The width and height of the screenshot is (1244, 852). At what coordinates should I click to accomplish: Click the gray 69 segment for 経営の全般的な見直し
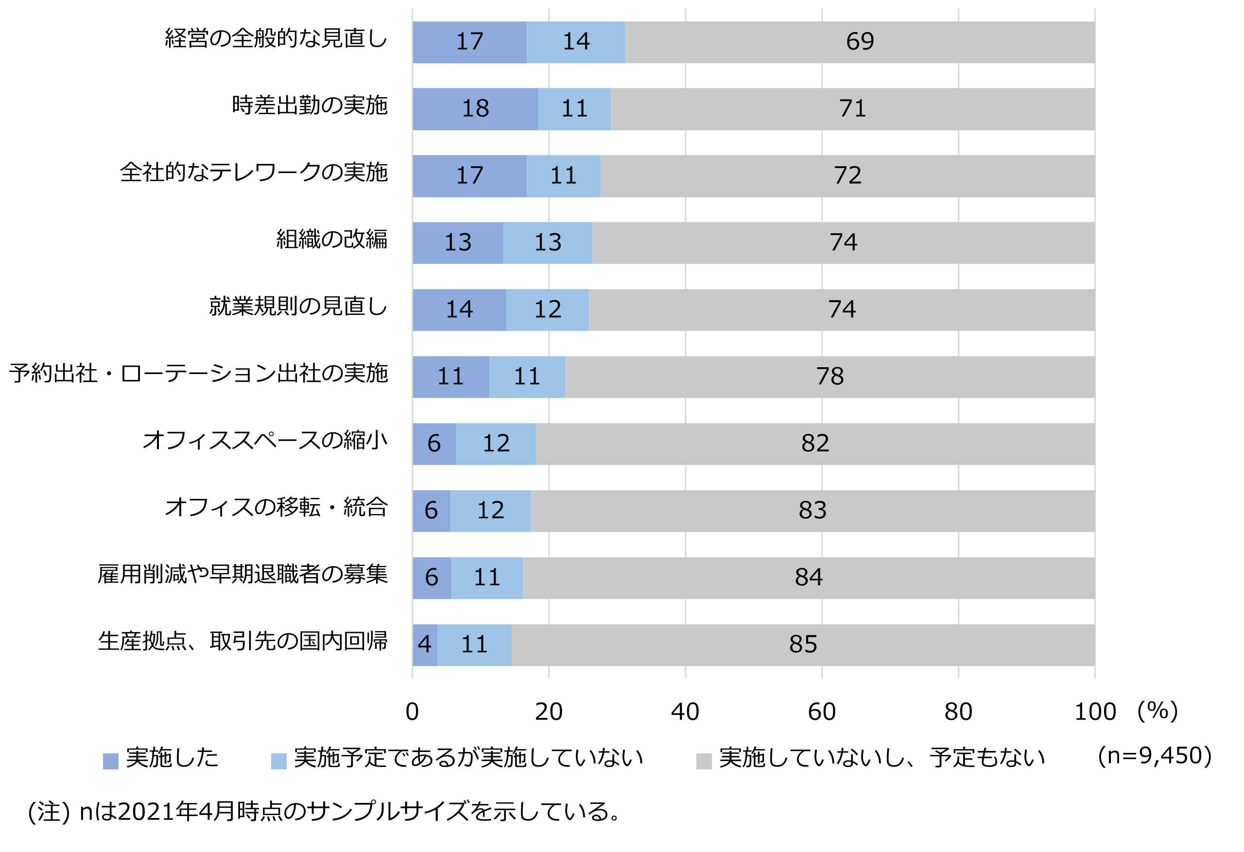tap(860, 42)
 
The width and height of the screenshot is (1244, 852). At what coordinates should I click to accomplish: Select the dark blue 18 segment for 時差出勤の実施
tap(475, 109)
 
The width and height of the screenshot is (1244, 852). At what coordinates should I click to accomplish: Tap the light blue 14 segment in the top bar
tap(576, 42)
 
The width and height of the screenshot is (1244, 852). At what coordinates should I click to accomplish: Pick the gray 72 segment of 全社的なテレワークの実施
tap(847, 176)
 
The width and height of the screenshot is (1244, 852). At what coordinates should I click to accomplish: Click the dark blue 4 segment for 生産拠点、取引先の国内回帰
tap(425, 645)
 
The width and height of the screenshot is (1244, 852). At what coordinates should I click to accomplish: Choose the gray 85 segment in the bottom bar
tap(803, 645)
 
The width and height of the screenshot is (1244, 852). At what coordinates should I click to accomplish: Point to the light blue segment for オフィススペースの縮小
tap(496, 444)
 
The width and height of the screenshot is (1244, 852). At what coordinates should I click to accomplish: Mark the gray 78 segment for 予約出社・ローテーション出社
tap(829, 377)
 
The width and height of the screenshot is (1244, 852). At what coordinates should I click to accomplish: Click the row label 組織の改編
tap(331, 239)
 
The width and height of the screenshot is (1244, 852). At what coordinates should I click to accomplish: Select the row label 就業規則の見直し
tap(297, 307)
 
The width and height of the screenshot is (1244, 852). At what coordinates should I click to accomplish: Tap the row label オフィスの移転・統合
tap(276, 507)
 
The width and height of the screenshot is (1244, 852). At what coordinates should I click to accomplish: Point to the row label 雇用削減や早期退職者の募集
tap(242, 574)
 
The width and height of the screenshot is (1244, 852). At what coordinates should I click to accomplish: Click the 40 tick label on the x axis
tap(685, 712)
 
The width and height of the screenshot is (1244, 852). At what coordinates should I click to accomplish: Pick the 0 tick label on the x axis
tap(412, 712)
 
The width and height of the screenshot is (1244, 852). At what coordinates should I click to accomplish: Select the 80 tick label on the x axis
tap(958, 712)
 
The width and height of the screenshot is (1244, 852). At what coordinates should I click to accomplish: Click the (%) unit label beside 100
tap(1158, 711)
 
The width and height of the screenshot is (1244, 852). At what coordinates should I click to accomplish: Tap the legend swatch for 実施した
tap(110, 761)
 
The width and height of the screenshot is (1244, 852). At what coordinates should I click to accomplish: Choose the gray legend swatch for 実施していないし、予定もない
tap(703, 761)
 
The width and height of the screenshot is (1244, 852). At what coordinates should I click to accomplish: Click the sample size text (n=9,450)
tap(1155, 756)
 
